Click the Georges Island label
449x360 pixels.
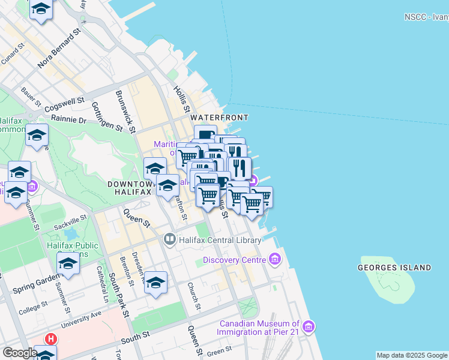394,267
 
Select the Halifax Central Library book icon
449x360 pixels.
169,240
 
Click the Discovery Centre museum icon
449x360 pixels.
275,260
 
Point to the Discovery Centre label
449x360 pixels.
234,260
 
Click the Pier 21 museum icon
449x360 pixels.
309,326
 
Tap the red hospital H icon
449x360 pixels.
51,339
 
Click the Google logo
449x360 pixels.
20,352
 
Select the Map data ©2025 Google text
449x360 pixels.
412,355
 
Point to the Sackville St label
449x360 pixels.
76,223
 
